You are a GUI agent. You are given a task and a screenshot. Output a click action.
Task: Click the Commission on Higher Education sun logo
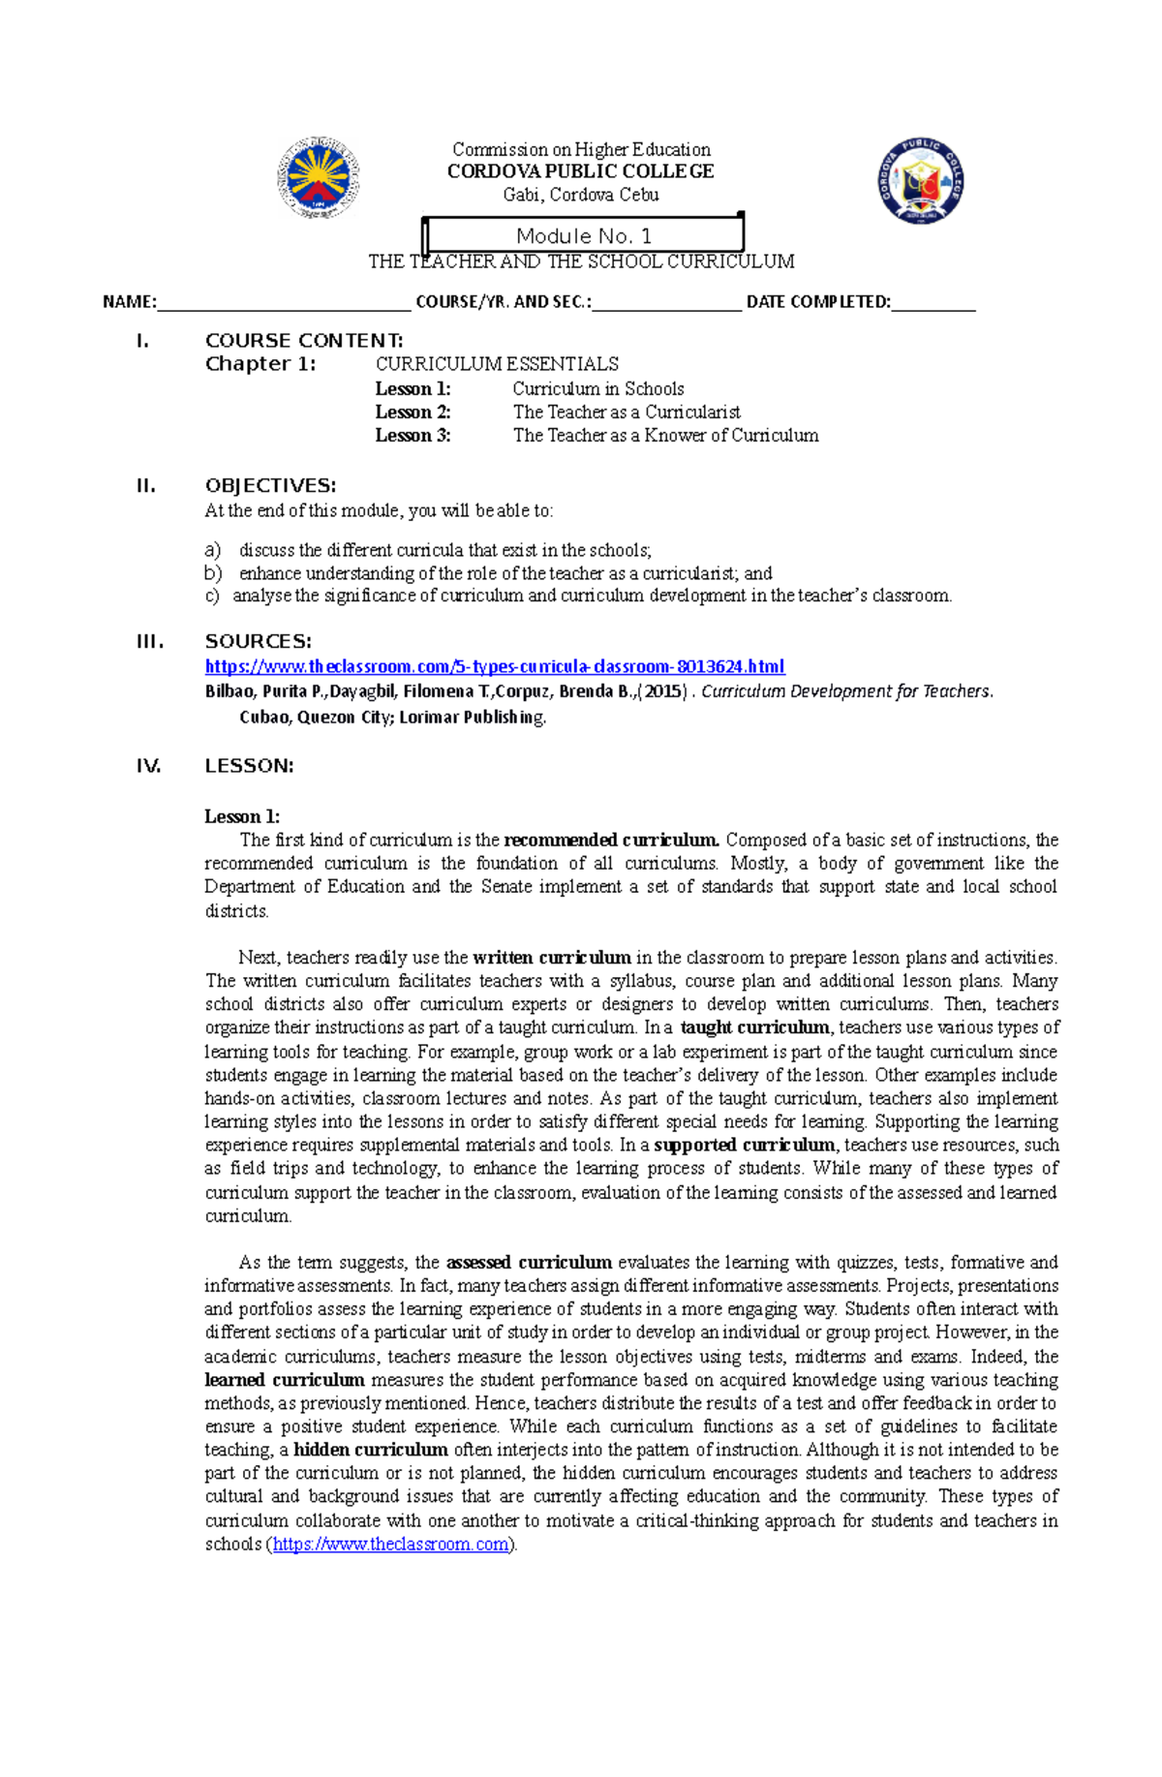click(x=319, y=178)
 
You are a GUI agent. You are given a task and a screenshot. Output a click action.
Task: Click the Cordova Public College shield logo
click(x=921, y=181)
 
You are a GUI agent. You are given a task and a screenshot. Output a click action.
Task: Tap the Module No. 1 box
click(x=584, y=235)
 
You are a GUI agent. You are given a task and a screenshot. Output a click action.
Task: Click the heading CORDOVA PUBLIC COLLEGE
click(x=580, y=171)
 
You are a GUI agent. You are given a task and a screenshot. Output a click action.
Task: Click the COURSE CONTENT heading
click(x=304, y=340)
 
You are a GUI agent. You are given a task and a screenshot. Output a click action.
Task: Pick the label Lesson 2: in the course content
click(x=413, y=412)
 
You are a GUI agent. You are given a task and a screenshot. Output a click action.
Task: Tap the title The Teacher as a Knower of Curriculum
click(x=665, y=435)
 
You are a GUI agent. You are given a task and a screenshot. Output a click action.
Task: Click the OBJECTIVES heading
click(x=270, y=485)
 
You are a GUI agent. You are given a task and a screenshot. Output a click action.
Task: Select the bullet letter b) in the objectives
click(x=213, y=572)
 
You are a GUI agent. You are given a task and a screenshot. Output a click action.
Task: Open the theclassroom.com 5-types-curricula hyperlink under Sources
click(x=495, y=666)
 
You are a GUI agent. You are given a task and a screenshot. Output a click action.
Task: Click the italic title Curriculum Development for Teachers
click(x=846, y=691)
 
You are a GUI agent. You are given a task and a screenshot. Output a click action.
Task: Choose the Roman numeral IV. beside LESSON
click(x=148, y=766)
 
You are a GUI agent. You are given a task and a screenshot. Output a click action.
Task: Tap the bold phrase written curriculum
click(x=551, y=957)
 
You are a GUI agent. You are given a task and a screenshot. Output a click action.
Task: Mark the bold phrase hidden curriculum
click(x=370, y=1450)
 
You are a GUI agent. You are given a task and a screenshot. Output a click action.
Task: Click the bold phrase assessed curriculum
click(x=528, y=1262)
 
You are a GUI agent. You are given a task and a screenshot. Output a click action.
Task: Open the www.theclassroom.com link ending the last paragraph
click(x=390, y=1544)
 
